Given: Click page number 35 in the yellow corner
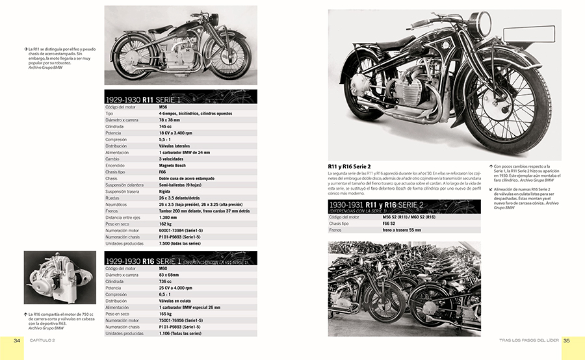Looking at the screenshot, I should point(566,340).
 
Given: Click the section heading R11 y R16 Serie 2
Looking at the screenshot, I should point(355,166).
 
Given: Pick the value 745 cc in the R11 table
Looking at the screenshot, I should point(166,127).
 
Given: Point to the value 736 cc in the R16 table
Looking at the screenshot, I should point(166,281).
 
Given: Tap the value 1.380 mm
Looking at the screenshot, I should point(170,216).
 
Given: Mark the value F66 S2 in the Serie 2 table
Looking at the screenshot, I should point(391,223).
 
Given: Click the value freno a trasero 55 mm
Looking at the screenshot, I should point(402,230).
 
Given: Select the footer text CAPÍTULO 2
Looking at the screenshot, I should point(44,340).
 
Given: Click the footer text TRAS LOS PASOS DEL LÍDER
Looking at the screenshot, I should point(517,340).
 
